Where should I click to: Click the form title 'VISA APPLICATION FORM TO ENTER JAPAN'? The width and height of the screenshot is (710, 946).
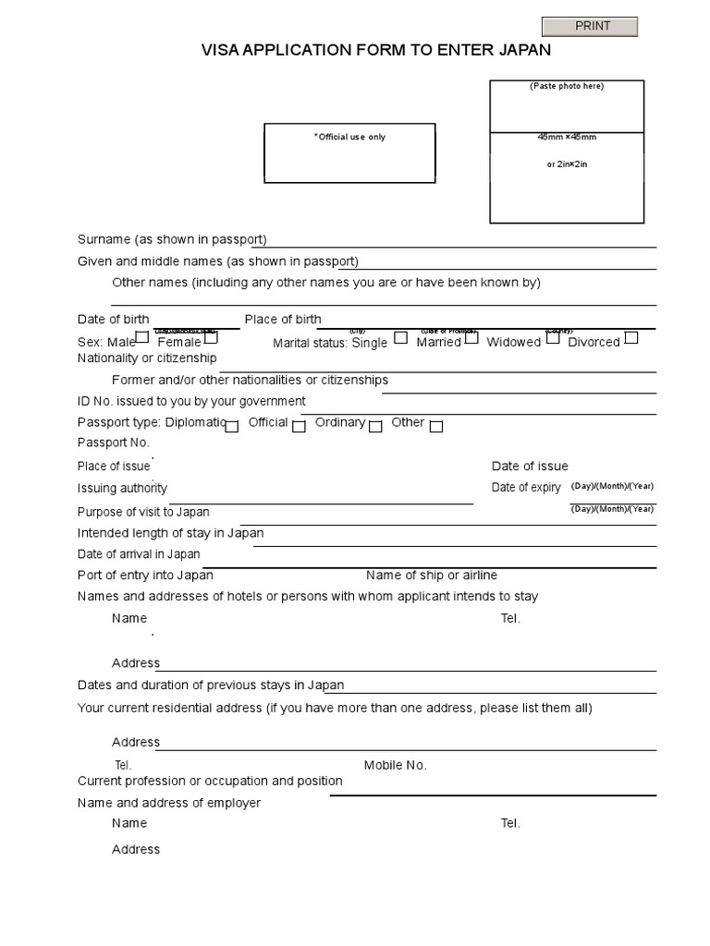376,51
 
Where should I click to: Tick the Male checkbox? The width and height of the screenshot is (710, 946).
141,337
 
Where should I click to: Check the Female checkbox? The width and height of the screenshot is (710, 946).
211,337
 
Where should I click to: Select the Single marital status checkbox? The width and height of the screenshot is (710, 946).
400,337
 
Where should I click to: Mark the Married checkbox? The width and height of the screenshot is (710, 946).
471,337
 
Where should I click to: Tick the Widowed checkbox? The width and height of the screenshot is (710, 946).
553,337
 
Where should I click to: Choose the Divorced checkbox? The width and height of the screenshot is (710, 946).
631,337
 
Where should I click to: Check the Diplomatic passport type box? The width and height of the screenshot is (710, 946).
232,426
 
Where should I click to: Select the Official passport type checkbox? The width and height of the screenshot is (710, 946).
299,426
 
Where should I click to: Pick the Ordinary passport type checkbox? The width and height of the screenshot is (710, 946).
375,426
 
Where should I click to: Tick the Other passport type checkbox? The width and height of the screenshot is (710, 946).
436,426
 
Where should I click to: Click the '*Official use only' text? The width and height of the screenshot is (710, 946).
349,137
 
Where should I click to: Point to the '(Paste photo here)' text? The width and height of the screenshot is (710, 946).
567,86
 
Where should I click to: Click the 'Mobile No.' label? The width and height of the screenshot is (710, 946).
395,765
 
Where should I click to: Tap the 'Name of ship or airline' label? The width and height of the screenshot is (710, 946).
432,575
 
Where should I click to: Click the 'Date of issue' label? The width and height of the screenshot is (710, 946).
530,466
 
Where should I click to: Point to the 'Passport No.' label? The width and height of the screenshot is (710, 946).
114,443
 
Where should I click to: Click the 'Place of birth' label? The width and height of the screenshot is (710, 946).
283,320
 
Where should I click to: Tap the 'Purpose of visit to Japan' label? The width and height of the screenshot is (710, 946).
143,512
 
